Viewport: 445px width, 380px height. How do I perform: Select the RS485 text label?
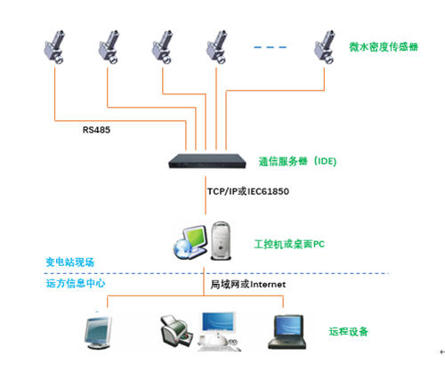point(98,130)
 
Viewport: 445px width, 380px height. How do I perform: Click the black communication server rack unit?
point(206,161)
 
